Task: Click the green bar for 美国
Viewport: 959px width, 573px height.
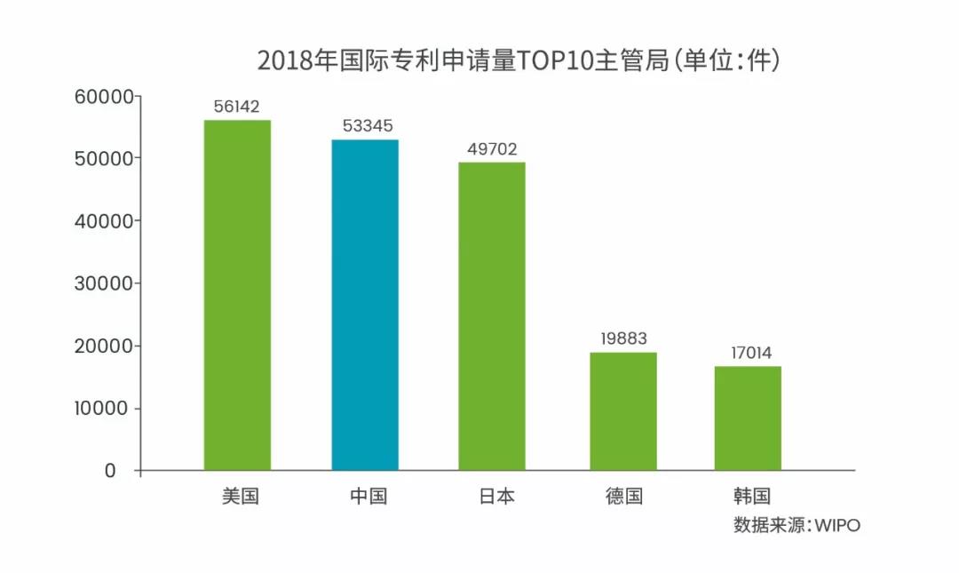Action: point(237,295)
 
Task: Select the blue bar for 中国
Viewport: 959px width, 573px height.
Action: point(365,305)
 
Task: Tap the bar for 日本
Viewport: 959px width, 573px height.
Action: point(492,316)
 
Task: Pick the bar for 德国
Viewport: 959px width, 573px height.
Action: point(623,411)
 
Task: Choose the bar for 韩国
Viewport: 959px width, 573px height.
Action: point(748,418)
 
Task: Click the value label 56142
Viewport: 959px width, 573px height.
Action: point(236,107)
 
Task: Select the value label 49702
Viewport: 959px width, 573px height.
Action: point(492,148)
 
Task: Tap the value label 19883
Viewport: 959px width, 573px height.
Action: point(623,338)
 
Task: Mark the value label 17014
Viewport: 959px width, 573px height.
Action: point(748,353)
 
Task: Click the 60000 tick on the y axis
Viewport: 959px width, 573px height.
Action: point(104,96)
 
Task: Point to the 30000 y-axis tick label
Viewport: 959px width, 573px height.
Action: point(104,283)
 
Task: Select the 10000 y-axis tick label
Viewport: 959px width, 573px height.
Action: point(104,409)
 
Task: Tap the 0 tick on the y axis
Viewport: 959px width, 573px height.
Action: point(111,471)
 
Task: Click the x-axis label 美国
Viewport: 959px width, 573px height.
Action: point(240,496)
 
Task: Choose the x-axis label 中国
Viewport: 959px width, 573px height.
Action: point(368,496)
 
